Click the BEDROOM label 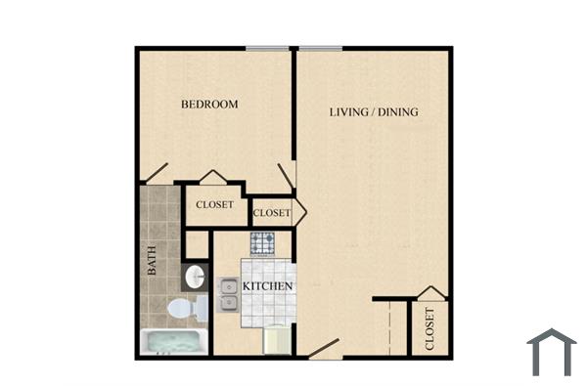point(209,104)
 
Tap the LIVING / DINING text point(373,112)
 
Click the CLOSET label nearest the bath point(214,205)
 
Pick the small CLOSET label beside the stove point(271,212)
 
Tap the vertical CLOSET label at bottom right point(429,330)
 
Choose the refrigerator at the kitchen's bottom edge point(278,340)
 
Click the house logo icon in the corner point(552,352)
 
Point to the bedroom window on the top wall point(267,48)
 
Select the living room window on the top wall point(320,48)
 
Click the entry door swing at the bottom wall point(322,348)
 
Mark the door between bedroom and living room point(287,176)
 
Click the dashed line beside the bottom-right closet point(390,327)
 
